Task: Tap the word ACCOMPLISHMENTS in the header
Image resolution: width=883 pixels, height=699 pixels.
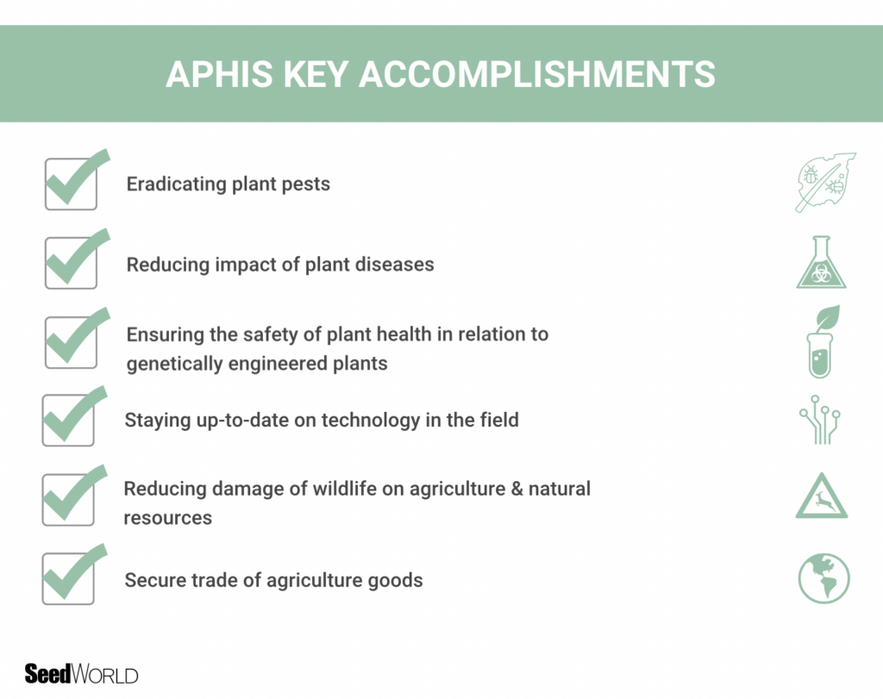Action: coord(536,74)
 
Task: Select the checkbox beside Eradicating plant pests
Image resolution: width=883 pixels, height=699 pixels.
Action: coord(71,184)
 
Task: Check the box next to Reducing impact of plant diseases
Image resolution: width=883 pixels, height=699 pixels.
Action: coord(71,263)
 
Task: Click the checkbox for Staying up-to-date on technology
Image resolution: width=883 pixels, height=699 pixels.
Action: coord(68,421)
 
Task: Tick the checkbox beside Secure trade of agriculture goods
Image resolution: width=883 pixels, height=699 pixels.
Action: coord(68,578)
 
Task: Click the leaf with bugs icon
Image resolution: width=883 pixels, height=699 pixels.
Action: coord(824,183)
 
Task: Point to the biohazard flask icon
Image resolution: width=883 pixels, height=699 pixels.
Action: coord(821,263)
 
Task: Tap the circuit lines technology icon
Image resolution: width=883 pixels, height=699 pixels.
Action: coord(821,420)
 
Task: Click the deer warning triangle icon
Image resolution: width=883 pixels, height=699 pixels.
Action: coord(821,497)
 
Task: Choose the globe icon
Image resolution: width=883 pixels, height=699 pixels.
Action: coord(824,577)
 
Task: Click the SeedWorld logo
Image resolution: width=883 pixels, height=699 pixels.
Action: coord(82,674)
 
